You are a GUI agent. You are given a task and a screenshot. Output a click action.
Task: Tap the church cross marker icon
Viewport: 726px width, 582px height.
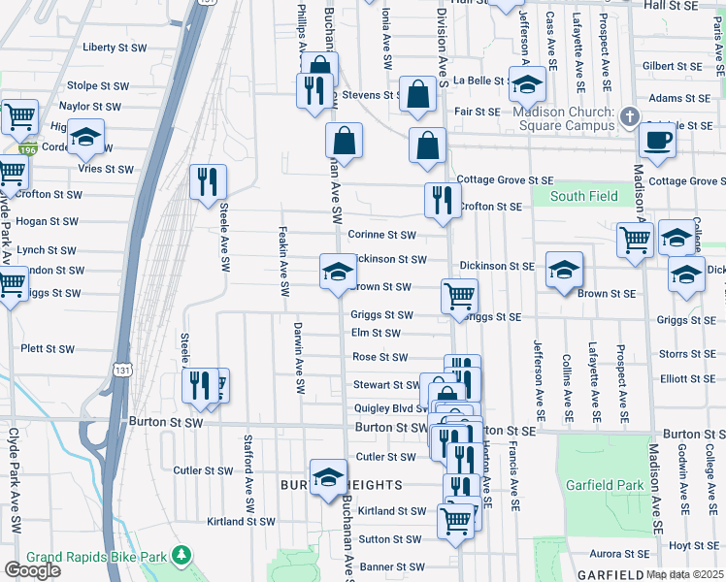click(x=629, y=117)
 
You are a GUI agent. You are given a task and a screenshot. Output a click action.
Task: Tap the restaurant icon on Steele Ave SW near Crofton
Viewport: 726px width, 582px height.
click(x=208, y=182)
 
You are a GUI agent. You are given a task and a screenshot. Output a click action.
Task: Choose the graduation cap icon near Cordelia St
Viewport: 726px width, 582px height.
click(x=85, y=139)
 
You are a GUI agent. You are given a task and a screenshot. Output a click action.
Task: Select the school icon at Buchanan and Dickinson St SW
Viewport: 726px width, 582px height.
click(x=338, y=272)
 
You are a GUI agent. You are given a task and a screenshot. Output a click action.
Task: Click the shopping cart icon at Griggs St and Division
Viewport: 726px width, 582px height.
click(x=459, y=295)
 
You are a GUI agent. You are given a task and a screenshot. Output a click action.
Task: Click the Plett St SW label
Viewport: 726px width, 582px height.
click(x=48, y=349)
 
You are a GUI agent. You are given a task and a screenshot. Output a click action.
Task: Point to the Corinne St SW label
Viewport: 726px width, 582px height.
click(x=381, y=235)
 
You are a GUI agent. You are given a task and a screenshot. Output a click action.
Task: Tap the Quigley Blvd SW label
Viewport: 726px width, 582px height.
click(x=389, y=408)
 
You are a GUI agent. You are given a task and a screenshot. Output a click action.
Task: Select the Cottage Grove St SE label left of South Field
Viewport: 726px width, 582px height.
click(x=505, y=180)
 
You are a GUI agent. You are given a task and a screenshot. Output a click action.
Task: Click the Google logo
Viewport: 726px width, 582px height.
click(x=31, y=570)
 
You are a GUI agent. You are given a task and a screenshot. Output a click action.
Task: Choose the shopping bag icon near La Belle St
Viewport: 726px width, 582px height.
click(x=418, y=95)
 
